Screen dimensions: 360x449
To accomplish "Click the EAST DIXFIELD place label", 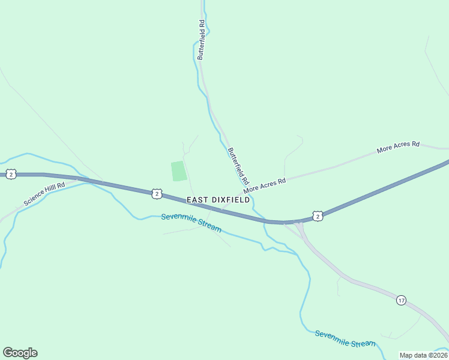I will pyautogui.click(x=218, y=200).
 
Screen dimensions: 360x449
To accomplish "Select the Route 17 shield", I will pyautogui.click(x=401, y=299).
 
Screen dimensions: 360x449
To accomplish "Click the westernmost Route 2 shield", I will pyautogui.click(x=11, y=174).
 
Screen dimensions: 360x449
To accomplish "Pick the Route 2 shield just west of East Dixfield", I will pyautogui.click(x=156, y=193).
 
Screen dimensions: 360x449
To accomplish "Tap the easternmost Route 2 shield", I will pyautogui.click(x=318, y=215).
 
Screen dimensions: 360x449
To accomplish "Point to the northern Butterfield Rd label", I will pyautogui.click(x=202, y=40).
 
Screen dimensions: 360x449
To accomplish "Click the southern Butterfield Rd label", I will pyautogui.click(x=238, y=166).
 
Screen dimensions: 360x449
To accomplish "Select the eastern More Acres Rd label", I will pyautogui.click(x=398, y=148).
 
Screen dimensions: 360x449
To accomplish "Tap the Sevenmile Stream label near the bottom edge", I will pyautogui.click(x=345, y=339).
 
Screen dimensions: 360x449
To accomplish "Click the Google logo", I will pyautogui.click(x=20, y=353).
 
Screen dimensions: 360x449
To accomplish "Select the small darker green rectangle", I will pyautogui.click(x=179, y=171).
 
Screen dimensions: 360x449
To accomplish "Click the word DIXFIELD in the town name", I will pyautogui.click(x=229, y=200).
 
